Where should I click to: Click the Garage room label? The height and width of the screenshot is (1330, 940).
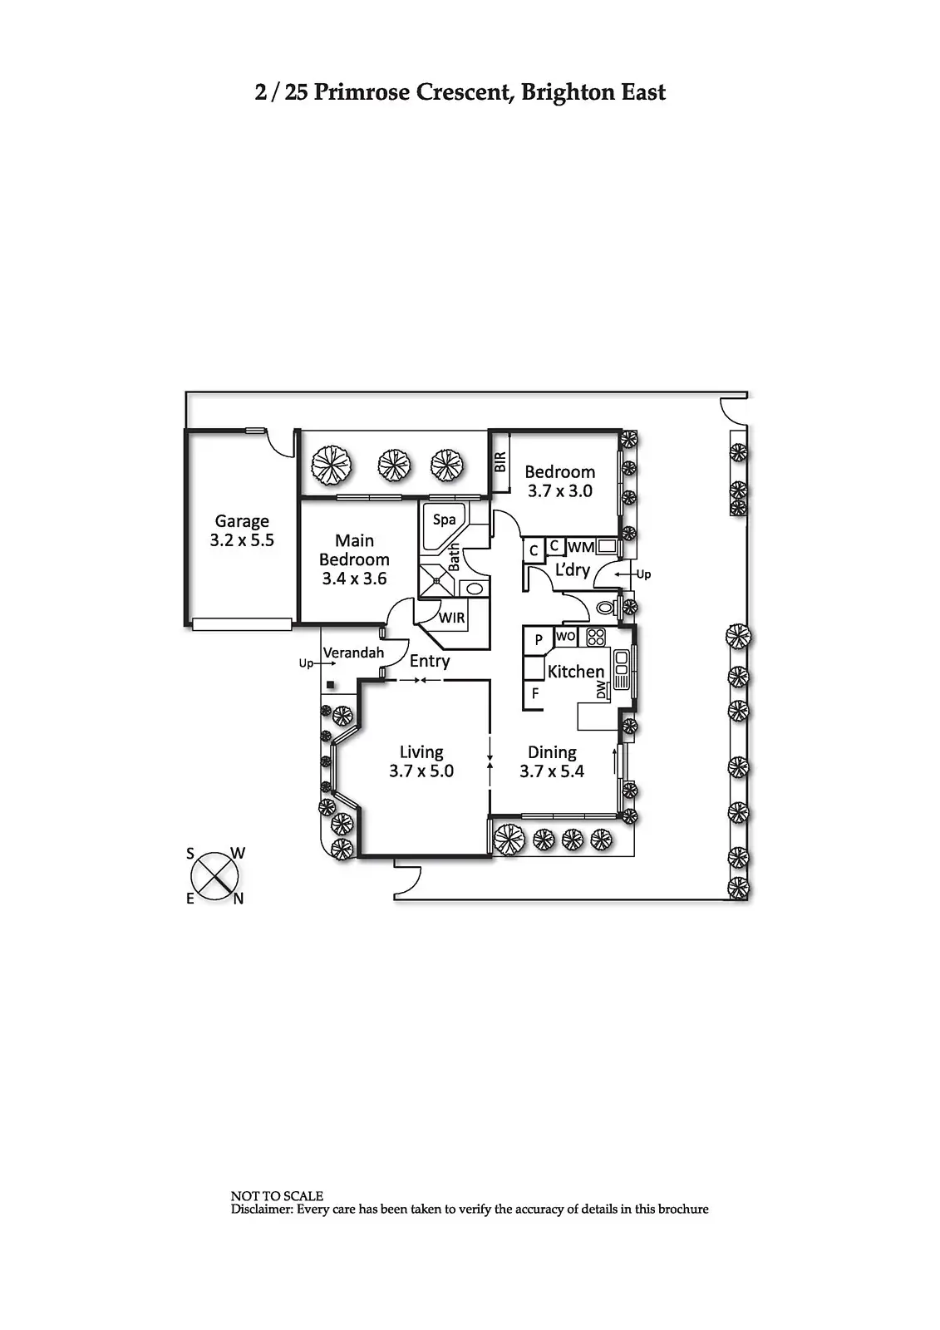242,521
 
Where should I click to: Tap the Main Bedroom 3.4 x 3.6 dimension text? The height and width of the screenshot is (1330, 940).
354,579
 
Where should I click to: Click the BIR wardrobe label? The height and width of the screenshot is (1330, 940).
500,462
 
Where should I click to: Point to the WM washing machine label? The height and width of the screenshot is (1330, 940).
581,547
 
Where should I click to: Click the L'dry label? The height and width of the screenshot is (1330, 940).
572,570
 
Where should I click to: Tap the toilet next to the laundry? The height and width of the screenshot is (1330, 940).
607,608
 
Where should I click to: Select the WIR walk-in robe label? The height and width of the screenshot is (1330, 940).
452,618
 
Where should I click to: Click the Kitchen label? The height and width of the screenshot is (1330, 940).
576,672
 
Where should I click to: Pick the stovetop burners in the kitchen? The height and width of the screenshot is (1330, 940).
596,638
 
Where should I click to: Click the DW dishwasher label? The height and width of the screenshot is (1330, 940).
601,690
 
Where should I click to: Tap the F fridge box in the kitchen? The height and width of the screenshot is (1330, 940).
534,693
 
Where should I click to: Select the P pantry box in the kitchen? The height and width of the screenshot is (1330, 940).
539,639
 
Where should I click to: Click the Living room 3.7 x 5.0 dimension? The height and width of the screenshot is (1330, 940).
421,771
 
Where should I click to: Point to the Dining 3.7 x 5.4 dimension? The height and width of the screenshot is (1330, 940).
552,771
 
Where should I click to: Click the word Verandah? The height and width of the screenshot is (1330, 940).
353,653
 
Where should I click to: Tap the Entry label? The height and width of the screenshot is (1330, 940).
430,662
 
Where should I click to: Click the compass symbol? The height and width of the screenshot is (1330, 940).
216,875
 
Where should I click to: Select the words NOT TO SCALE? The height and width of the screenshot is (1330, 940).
277,1196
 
